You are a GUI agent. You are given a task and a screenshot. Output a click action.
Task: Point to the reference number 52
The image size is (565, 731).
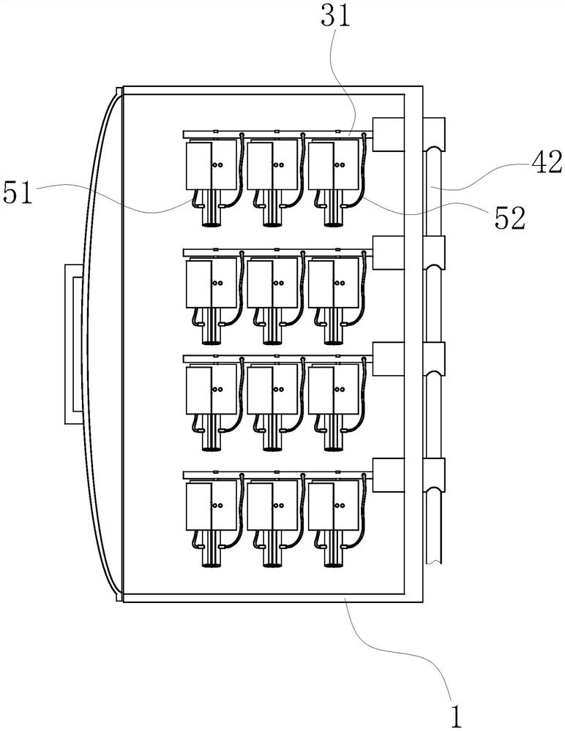click(x=509, y=218)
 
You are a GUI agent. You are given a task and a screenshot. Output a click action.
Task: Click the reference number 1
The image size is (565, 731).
click(x=457, y=716)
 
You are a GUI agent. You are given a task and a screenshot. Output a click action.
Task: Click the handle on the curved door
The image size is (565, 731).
click(x=74, y=344)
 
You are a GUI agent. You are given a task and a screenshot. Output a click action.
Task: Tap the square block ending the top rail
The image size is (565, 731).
click(x=389, y=135)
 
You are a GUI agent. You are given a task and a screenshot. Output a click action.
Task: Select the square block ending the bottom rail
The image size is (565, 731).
click(x=389, y=475)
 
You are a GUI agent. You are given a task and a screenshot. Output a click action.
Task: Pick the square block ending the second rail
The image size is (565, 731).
click(x=389, y=253)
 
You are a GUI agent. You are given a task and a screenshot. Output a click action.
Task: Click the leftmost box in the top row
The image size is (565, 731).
click(x=212, y=165)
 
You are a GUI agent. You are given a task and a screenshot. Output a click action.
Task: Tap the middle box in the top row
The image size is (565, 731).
click(x=272, y=165)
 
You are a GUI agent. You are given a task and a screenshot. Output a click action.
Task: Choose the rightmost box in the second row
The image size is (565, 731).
click(x=334, y=284)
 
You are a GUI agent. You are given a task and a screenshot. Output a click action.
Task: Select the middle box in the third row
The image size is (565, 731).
click(x=272, y=390)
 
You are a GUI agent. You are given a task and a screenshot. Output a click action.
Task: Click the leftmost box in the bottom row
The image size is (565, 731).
click(x=212, y=506)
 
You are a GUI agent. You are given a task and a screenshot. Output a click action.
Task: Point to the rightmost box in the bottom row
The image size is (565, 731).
click(x=334, y=506)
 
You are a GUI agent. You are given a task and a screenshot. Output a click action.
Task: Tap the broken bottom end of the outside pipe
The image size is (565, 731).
click(x=433, y=561)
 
